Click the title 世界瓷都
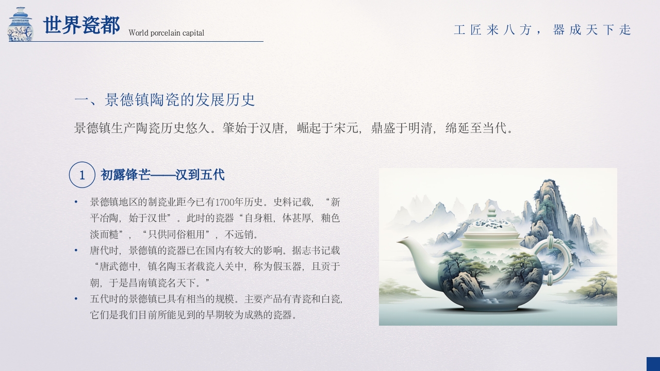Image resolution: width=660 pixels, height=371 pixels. click(81, 25)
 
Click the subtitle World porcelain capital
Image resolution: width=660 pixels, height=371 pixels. click(166, 33)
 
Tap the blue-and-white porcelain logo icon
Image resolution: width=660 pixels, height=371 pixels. click(21, 24)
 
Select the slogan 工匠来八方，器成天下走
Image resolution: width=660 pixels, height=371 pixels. click(542, 30)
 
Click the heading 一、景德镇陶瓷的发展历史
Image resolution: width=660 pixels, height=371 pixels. click(164, 100)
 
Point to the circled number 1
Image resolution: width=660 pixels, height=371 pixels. click(82, 175)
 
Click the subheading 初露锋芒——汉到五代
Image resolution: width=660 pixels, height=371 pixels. click(162, 175)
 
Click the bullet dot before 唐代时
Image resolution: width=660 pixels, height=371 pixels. click(76, 250)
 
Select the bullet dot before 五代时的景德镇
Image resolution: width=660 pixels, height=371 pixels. click(76, 298)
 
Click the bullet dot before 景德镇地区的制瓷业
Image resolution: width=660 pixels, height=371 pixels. click(76, 202)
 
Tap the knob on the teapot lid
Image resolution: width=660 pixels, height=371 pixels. click(492, 211)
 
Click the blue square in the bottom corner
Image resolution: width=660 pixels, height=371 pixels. click(653, 364)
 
